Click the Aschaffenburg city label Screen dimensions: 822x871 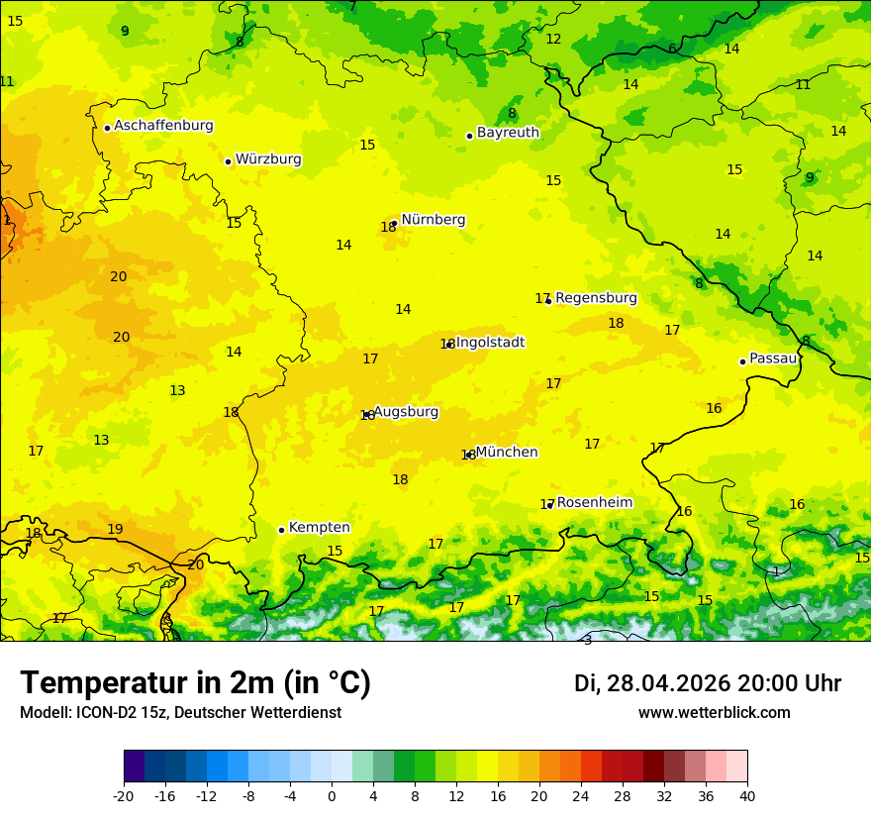click(x=163, y=126)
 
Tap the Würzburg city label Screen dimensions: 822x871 click(x=268, y=159)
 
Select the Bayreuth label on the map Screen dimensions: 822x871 click(x=508, y=133)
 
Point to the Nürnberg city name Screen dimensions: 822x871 click(x=433, y=220)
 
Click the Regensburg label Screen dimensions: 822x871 click(x=596, y=298)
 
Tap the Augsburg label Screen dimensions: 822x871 click(x=406, y=412)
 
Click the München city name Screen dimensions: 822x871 click(x=507, y=453)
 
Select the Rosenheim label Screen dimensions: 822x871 click(x=594, y=503)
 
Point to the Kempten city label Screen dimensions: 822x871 click(x=319, y=528)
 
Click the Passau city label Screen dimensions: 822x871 click(x=773, y=359)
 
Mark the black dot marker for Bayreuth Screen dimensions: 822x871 click(x=469, y=136)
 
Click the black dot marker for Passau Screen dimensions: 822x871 click(x=742, y=361)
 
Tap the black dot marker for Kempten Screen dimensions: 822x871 click(x=281, y=530)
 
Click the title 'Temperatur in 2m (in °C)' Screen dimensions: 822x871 click(x=195, y=683)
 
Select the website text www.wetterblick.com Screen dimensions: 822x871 click(x=714, y=713)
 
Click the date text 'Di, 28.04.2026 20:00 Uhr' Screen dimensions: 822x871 click(x=707, y=683)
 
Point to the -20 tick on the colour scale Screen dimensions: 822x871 click(x=124, y=796)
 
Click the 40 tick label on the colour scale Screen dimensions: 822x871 click(x=747, y=796)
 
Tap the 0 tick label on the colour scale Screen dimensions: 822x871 click(x=332, y=796)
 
